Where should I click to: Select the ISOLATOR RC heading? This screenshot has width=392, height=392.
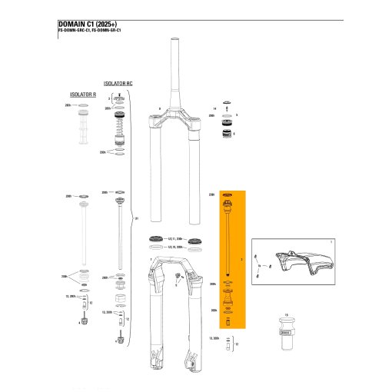click(118, 80)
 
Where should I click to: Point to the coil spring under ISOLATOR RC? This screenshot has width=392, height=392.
click(118, 123)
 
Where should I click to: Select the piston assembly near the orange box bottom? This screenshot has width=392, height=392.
click(228, 300)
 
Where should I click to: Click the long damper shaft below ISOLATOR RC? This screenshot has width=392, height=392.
click(119, 231)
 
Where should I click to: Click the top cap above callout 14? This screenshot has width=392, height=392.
click(228, 102)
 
